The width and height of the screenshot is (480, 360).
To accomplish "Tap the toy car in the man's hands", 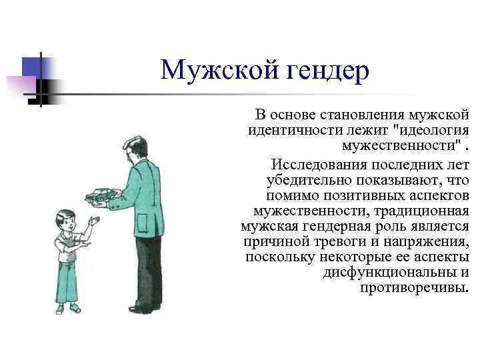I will pos(100,195).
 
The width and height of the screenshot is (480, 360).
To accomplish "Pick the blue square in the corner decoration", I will pos(31,67).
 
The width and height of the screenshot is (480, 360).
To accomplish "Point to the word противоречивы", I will pos(414,288).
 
